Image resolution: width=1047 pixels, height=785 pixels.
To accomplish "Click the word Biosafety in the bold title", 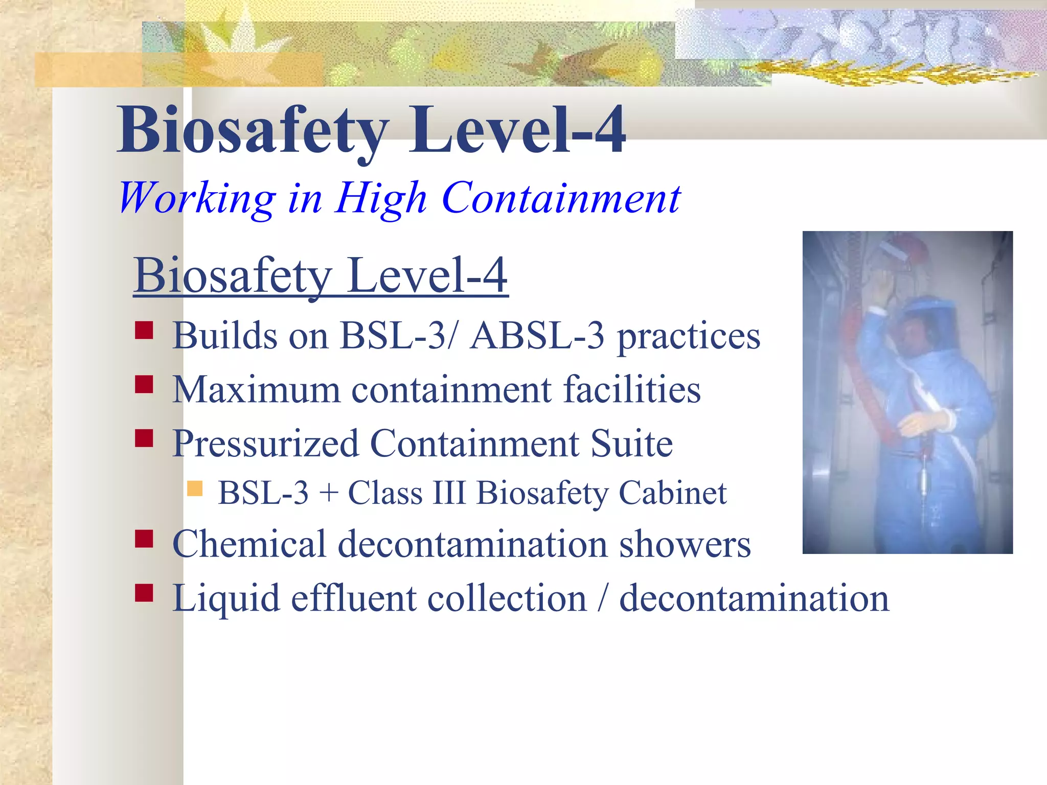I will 253,130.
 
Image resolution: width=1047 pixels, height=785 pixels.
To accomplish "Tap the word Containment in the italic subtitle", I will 560,198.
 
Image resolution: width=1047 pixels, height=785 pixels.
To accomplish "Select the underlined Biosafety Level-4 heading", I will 321,276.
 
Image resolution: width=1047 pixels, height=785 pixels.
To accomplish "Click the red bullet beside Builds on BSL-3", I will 144,330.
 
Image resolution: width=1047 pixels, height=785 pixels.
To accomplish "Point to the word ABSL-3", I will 537,336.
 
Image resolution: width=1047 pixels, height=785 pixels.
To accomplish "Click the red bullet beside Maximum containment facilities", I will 144,384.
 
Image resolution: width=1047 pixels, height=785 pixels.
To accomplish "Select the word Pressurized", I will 265,444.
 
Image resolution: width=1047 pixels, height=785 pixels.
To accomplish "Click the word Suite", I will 631,444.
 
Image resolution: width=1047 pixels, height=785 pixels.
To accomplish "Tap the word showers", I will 685,544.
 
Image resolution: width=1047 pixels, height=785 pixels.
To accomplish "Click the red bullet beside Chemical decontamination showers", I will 144,539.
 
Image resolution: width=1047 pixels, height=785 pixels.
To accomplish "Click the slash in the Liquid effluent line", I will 603,598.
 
